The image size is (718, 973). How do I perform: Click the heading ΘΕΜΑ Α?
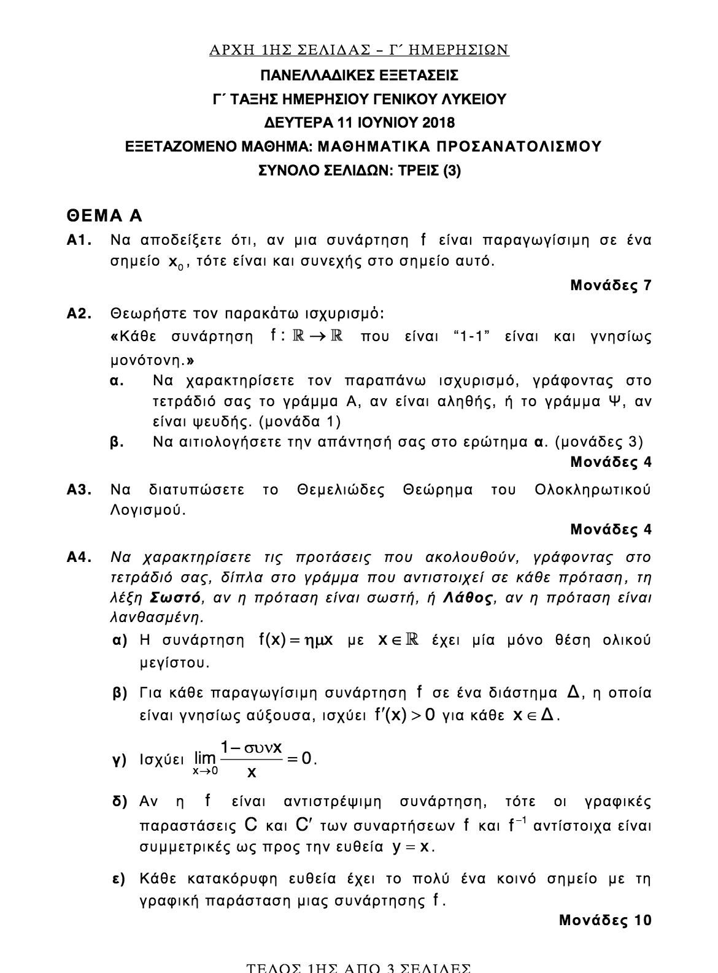[104, 216]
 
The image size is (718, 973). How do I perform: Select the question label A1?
[79, 240]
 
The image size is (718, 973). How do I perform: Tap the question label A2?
[79, 315]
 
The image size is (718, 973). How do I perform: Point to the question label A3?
[79, 490]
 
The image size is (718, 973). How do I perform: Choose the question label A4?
[79, 558]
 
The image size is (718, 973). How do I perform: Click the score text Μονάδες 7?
[611, 285]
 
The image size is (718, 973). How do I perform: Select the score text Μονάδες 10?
[605, 920]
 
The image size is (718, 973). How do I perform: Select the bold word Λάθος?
[468, 598]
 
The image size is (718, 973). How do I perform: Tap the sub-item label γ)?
[119, 760]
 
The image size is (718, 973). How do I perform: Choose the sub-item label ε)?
[119, 879]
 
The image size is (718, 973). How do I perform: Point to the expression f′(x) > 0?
[404, 715]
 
